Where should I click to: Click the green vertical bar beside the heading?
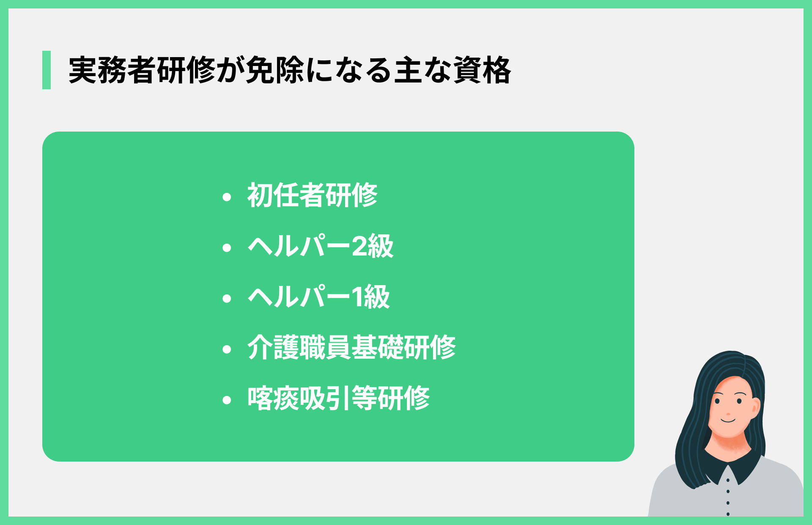[x=47, y=70]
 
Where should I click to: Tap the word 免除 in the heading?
[x=275, y=70]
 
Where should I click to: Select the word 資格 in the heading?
[x=482, y=70]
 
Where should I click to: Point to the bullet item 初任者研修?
[x=313, y=195]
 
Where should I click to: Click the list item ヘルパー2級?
[x=321, y=246]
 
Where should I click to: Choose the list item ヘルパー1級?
[x=318, y=297]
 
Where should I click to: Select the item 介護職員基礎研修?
[x=351, y=348]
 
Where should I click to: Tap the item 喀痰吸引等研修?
[x=338, y=399]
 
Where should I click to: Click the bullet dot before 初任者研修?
[x=227, y=197]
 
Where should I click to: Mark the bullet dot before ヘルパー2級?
[x=227, y=247]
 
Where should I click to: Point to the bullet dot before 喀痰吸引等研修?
[x=227, y=400]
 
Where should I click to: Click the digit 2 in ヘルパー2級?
[x=359, y=247]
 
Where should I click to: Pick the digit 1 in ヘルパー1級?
[x=357, y=297]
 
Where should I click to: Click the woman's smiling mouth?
[x=728, y=421]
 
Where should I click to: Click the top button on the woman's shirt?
[x=728, y=480]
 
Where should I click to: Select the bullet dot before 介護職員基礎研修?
[x=227, y=349]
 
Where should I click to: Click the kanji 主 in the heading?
[x=409, y=70]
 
